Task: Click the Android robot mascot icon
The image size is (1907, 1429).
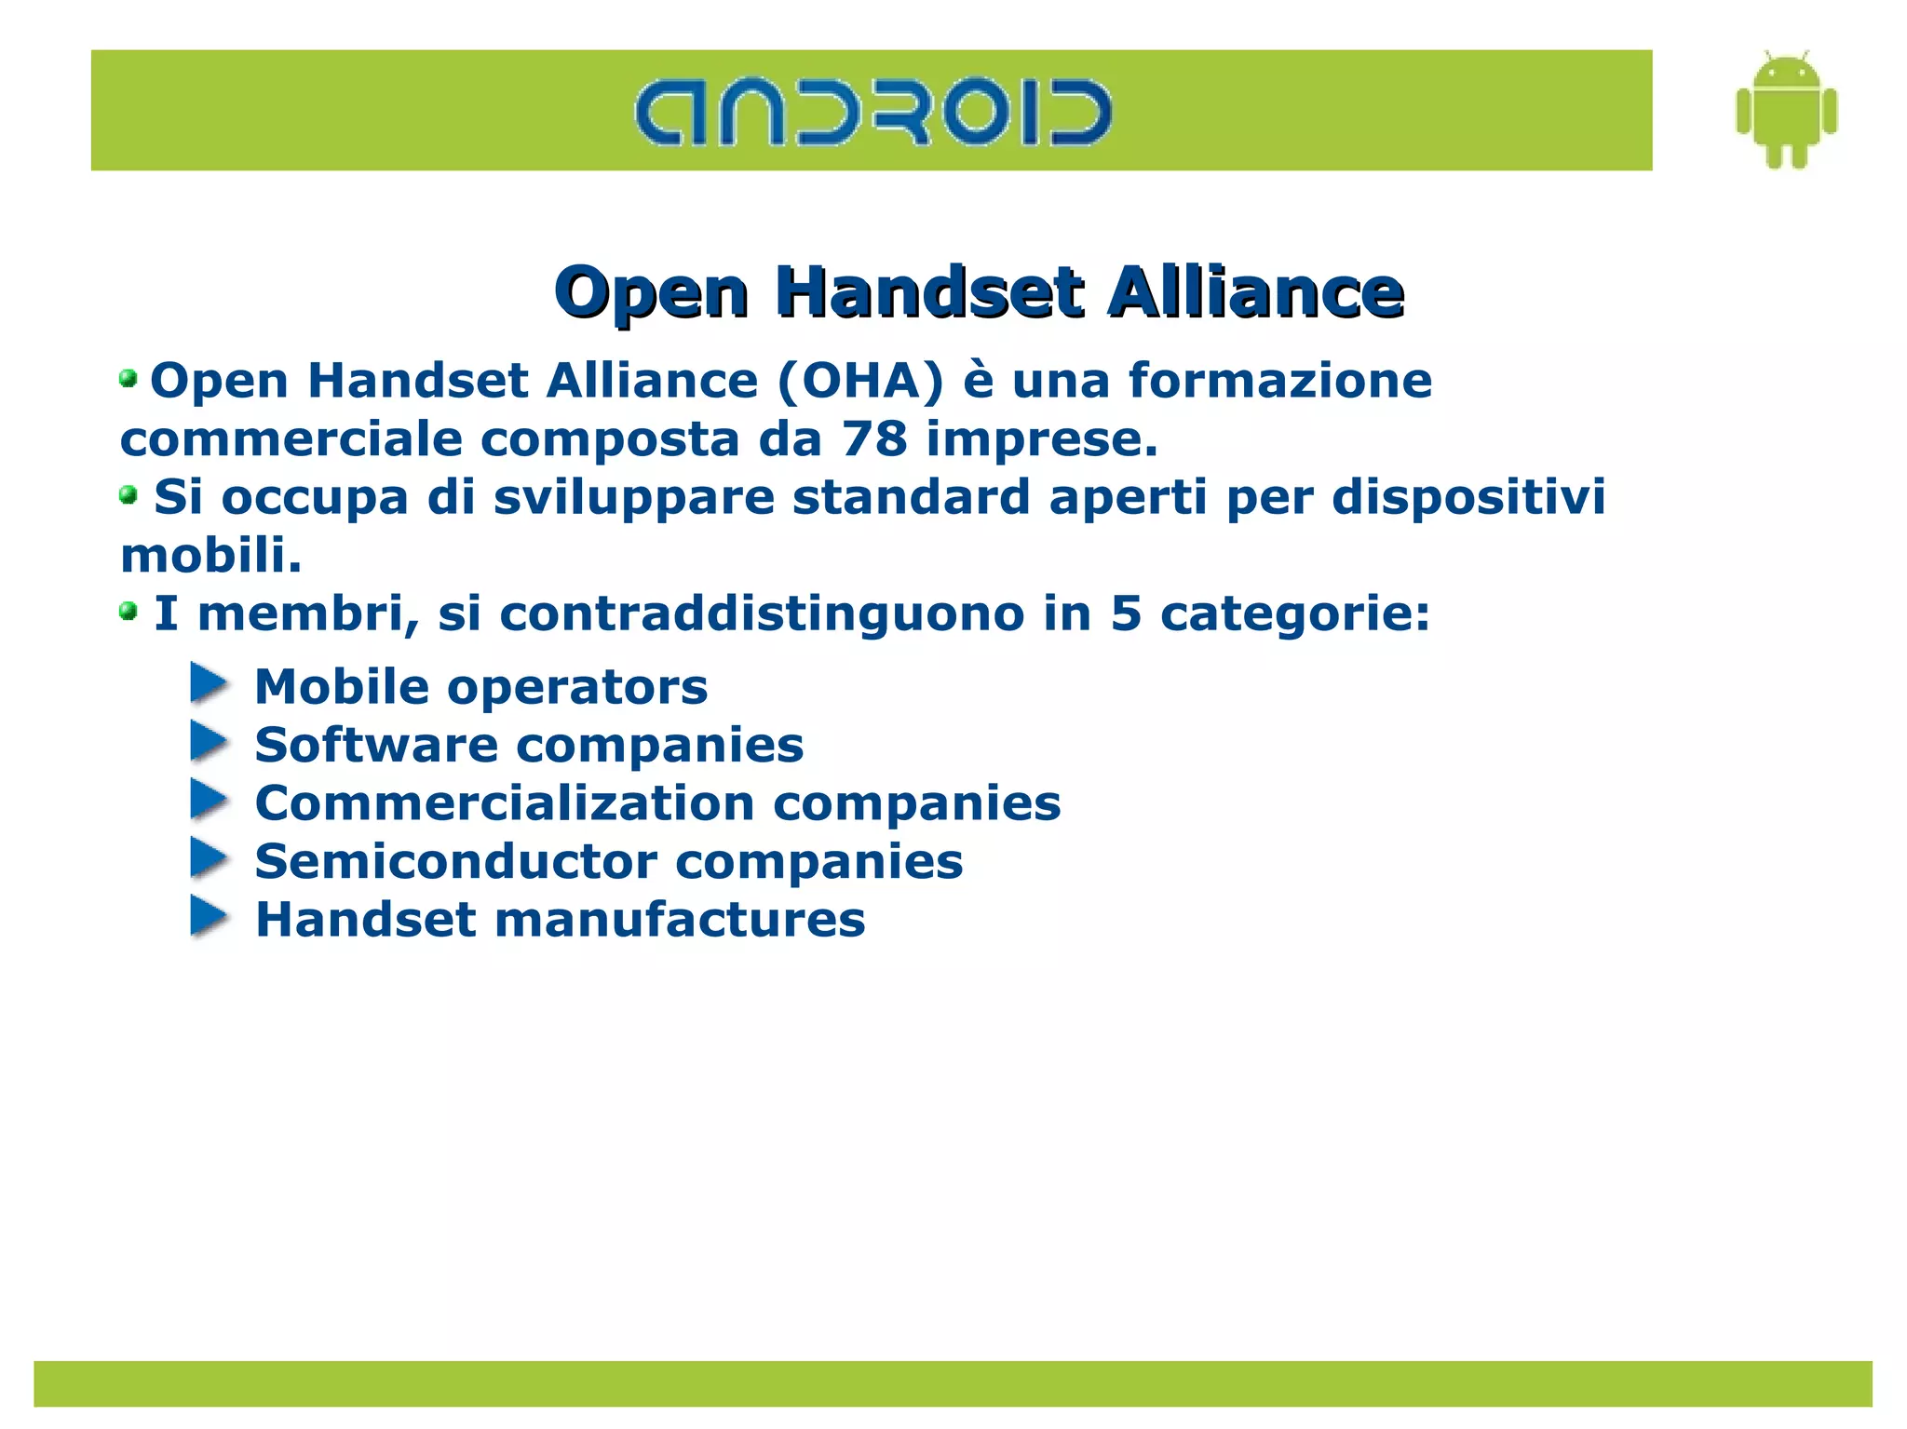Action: pyautogui.click(x=1786, y=111)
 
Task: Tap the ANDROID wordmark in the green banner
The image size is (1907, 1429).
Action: pyautogui.click(x=872, y=113)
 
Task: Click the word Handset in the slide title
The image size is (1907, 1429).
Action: pyautogui.click(x=929, y=291)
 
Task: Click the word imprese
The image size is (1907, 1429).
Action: pyautogui.click(x=1041, y=439)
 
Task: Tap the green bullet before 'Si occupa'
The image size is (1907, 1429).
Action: pyautogui.click(x=128, y=495)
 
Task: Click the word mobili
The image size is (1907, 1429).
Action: pyautogui.click(x=211, y=555)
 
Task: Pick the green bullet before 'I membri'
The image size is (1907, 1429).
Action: pyautogui.click(x=128, y=612)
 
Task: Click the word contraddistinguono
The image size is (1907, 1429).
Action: pyautogui.click(x=762, y=613)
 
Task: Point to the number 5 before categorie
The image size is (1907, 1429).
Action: pyautogui.click(x=1126, y=613)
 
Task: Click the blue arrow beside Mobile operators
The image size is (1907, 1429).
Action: pyautogui.click(x=209, y=683)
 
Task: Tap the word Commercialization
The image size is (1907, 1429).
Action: pyautogui.click(x=505, y=802)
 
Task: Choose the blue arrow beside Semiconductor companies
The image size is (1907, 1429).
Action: pyautogui.click(x=209, y=858)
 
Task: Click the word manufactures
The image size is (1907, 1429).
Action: pyautogui.click(x=680, y=920)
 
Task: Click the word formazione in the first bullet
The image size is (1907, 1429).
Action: pyautogui.click(x=1279, y=381)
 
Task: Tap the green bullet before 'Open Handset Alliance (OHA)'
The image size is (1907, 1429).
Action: pyautogui.click(x=128, y=379)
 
